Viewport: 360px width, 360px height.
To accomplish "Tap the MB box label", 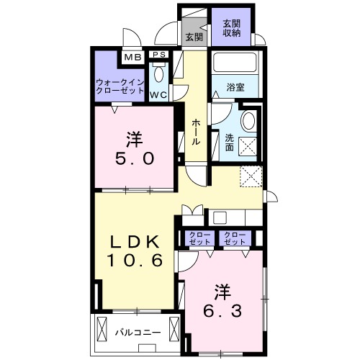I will [x=132, y=58].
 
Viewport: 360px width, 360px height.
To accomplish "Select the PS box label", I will [x=159, y=54].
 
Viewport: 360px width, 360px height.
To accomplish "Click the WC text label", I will [x=159, y=94].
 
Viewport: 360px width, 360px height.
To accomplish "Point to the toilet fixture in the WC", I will [x=159, y=75].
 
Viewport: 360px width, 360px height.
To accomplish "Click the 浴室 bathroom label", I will [x=235, y=87].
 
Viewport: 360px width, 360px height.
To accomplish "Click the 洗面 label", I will [x=229, y=142].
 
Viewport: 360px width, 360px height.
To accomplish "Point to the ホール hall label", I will [x=196, y=132].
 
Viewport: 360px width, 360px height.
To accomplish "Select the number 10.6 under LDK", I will [x=133, y=259].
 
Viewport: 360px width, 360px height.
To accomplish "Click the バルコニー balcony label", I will [x=135, y=333].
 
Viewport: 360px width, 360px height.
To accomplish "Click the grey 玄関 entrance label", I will [x=193, y=37].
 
